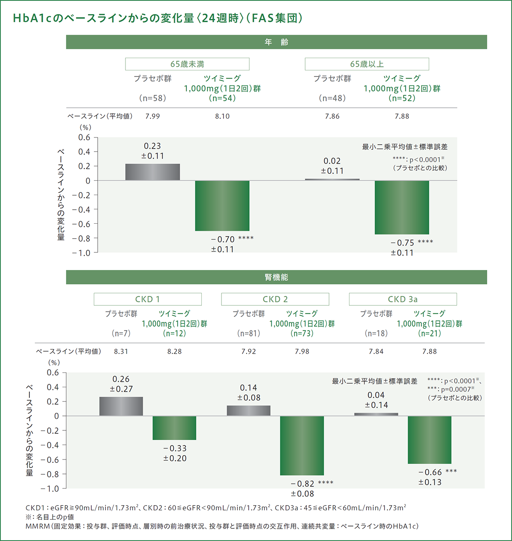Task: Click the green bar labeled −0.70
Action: pos(222,206)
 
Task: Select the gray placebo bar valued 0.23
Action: pos(152,172)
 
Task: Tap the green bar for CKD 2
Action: pos(302,445)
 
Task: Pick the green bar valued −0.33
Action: pos(175,428)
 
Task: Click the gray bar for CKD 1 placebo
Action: pos(121,406)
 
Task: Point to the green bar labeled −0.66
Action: pos(429,440)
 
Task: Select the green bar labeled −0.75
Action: pos(402,208)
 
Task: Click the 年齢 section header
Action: pos(276,42)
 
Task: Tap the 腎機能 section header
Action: pos(276,278)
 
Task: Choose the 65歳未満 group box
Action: pos(187,64)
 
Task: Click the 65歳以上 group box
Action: pos(367,64)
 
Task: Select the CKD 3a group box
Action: pos(403,299)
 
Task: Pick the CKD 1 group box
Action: pos(148,299)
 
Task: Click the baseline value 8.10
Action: pos(222,116)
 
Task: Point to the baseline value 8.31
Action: pos(121,351)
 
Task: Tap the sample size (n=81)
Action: pos(249,333)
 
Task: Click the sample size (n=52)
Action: pos(402,98)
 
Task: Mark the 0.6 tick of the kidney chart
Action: pos(53,373)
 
